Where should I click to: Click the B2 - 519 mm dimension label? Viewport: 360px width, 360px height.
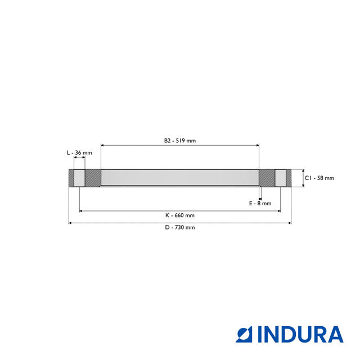tap(180, 141)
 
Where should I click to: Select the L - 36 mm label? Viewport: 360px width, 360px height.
tap(79, 152)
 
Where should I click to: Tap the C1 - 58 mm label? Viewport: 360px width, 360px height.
tap(319, 178)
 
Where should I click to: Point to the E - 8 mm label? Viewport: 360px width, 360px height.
tap(260, 203)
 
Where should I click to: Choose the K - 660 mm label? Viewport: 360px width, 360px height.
tap(180, 215)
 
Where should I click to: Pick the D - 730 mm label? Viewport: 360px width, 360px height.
tap(180, 227)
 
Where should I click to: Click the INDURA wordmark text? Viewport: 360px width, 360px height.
tap(300, 334)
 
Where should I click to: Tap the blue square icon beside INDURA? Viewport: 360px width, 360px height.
tap(244, 334)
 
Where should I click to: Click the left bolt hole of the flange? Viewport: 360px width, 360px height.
tap(79, 178)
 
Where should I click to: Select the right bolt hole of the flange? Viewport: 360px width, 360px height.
tap(280, 178)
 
